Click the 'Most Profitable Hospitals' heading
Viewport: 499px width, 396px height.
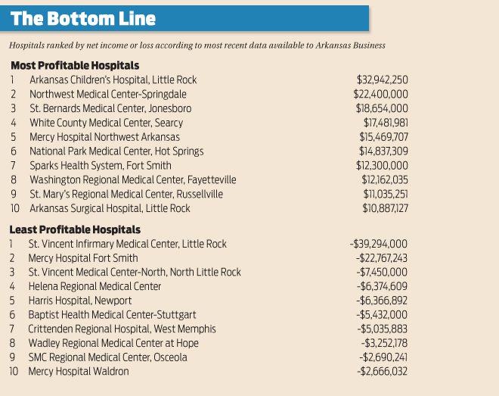74,66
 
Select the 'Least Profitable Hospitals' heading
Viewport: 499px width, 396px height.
75,229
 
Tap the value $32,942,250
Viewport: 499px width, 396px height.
382,79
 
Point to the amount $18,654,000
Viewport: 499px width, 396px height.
382,108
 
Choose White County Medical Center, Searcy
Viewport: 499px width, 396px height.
106,123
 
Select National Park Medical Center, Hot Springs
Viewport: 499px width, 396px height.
116,151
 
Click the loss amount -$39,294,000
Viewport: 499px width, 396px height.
379,244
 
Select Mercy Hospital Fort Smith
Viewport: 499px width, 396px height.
85,258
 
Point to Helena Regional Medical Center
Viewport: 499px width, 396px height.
95,286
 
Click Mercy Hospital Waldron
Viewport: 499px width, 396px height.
79,371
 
